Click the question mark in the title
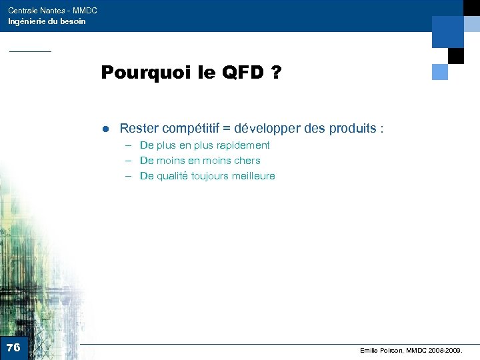tap(275, 73)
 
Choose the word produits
tap(353, 128)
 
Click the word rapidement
tap(243, 145)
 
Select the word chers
tap(247, 161)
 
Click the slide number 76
tap(13, 347)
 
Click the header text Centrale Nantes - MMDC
tap(53, 11)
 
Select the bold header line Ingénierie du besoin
tap(47, 21)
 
